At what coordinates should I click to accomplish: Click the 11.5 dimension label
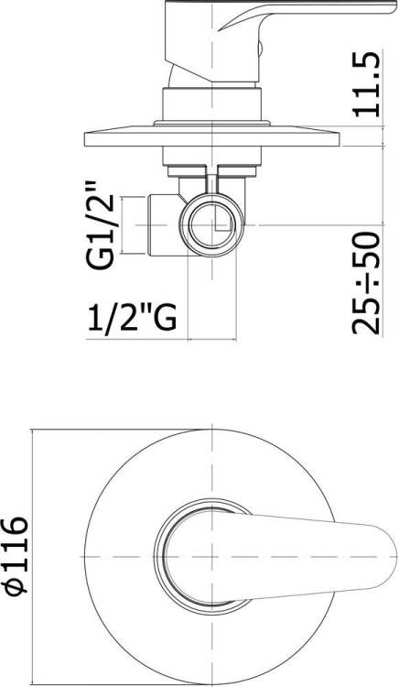(366, 84)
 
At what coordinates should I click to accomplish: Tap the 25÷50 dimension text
(366, 283)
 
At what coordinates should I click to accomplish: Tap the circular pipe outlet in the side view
(212, 224)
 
